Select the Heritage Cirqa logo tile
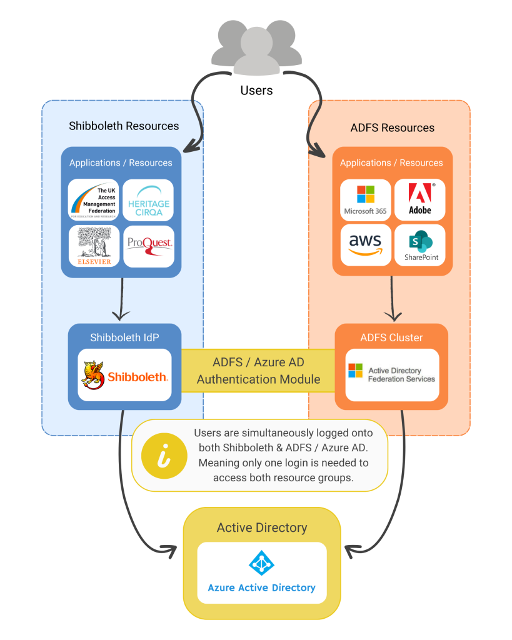(x=148, y=200)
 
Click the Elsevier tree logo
(x=94, y=246)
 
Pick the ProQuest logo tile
(x=148, y=246)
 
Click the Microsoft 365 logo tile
(x=365, y=200)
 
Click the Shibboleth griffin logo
(x=94, y=374)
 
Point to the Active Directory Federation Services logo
(x=355, y=371)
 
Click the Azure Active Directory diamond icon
(x=261, y=563)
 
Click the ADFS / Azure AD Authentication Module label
(x=258, y=371)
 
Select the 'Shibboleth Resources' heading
(x=124, y=126)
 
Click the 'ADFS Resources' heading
(x=393, y=127)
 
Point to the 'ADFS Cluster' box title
(x=391, y=337)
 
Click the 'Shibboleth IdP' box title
(x=124, y=337)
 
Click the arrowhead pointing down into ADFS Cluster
(x=392, y=315)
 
